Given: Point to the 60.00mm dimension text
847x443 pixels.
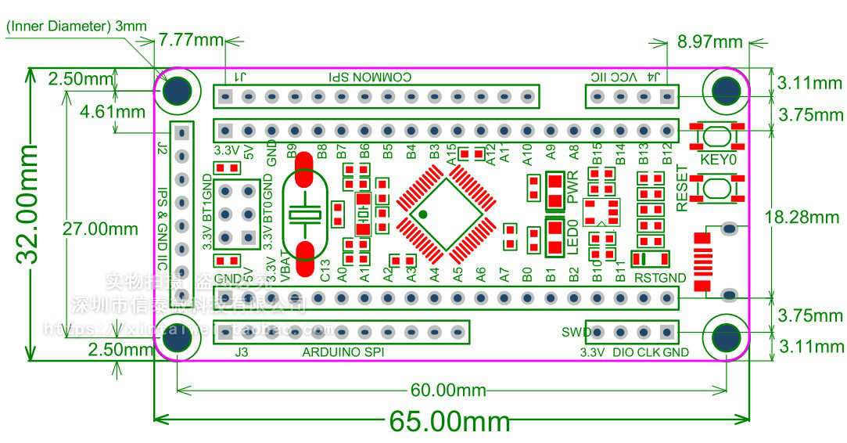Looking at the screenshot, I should point(448,390).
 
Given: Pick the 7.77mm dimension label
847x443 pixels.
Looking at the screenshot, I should point(190,39).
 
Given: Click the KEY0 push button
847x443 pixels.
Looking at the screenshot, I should point(717,136).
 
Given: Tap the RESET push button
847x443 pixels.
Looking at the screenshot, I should point(717,188).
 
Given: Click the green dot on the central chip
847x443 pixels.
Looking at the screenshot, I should point(422,213).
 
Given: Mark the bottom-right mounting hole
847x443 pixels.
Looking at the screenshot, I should point(726,337).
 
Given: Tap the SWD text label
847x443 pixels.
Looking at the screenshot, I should point(575,332).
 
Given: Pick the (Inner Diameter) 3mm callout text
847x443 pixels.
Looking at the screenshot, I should point(76,26).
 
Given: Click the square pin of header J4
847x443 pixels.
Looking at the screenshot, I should point(666,97).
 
